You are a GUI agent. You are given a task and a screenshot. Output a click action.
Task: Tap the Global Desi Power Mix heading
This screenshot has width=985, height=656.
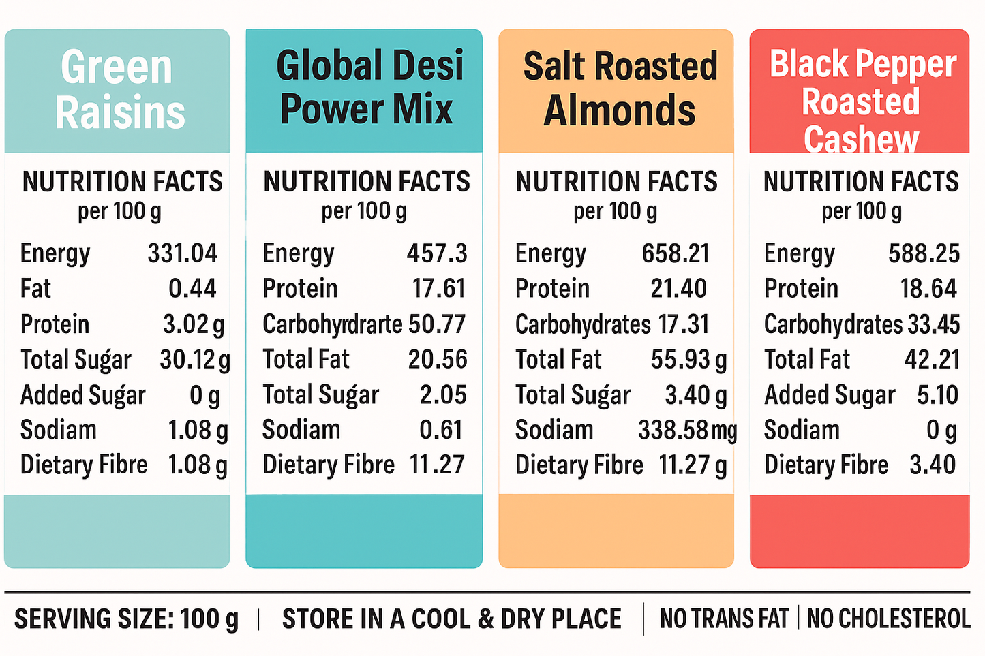click(x=368, y=87)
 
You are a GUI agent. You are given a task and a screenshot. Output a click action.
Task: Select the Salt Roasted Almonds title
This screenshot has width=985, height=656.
click(x=619, y=89)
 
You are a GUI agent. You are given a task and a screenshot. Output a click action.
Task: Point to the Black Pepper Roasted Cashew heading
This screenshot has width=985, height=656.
click(x=861, y=101)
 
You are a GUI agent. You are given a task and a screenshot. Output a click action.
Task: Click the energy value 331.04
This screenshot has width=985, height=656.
click(x=182, y=253)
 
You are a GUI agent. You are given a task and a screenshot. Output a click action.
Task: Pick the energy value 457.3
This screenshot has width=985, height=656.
click(x=437, y=253)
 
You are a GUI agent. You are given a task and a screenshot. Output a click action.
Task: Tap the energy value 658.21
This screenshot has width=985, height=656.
click(x=676, y=253)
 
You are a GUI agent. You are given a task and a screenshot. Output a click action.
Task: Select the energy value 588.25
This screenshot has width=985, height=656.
click(x=924, y=253)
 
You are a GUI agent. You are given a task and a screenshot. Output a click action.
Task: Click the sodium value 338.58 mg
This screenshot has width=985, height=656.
click(x=687, y=430)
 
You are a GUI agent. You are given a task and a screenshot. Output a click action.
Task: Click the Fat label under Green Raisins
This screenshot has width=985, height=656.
click(x=35, y=289)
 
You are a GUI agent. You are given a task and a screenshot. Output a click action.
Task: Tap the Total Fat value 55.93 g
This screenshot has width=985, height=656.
click(x=688, y=360)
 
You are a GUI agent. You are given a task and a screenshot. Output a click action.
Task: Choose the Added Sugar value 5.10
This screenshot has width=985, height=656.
click(x=937, y=395)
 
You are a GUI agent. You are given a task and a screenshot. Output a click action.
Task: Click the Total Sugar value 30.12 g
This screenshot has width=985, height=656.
click(x=194, y=360)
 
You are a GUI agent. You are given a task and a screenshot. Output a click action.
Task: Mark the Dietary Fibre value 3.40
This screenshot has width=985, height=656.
click(x=932, y=465)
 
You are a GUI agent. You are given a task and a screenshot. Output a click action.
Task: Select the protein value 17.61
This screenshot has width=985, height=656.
click(x=438, y=289)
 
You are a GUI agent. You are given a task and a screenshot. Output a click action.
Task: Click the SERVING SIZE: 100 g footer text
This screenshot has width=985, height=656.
click(x=126, y=619)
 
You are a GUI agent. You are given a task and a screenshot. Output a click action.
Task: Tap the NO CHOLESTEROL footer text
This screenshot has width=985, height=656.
click(x=888, y=619)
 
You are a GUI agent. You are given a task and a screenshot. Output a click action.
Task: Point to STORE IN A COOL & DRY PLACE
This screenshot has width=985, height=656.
click(x=451, y=619)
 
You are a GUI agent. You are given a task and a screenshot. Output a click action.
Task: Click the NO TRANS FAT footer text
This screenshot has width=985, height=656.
click(x=724, y=619)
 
